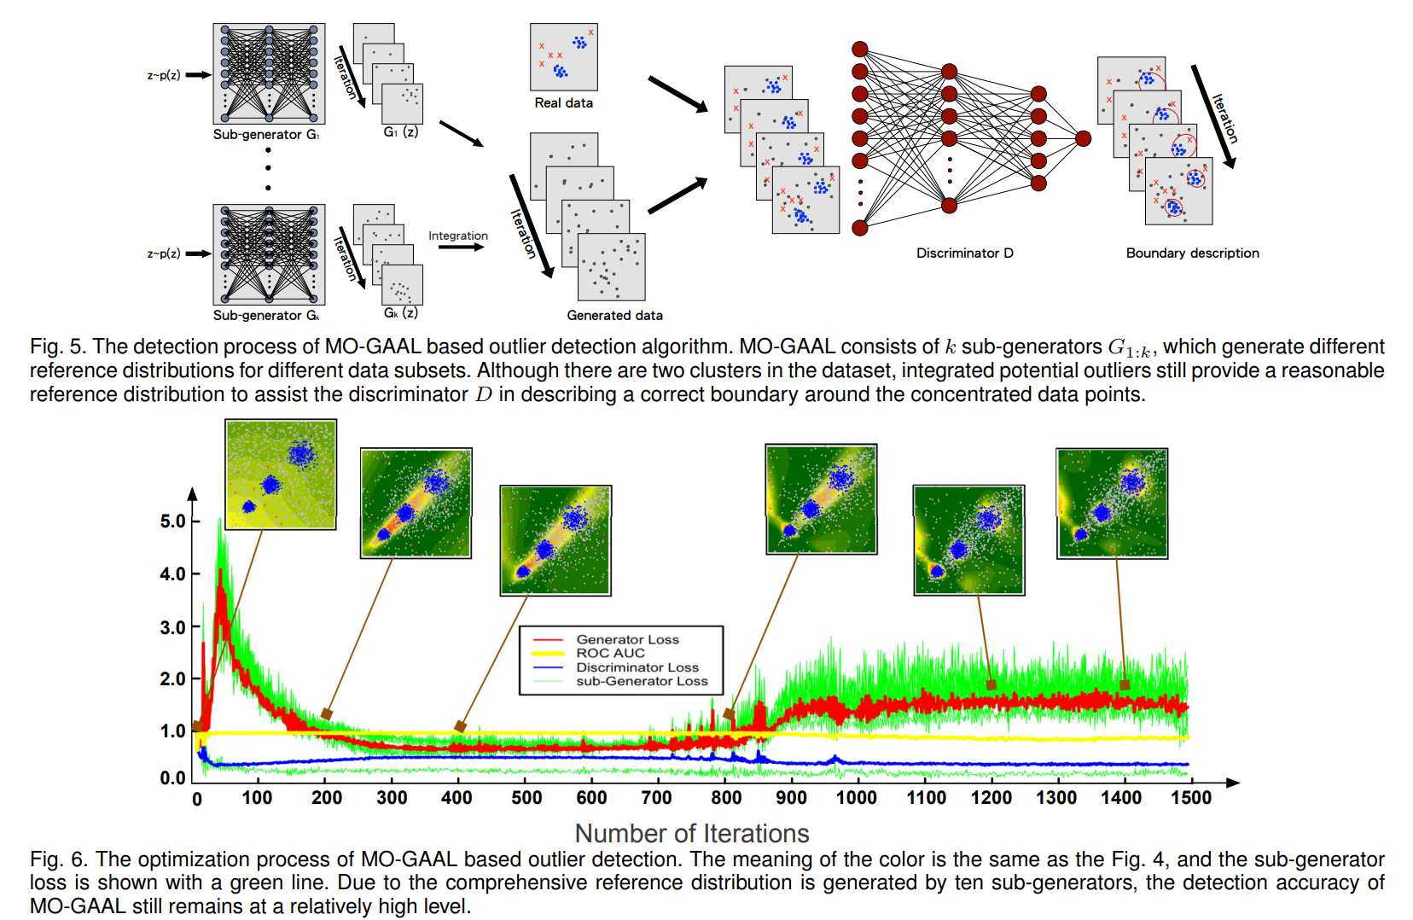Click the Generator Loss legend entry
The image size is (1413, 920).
(627, 639)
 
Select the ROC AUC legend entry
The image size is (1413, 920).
(610, 653)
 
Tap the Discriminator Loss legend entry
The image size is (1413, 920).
(637, 667)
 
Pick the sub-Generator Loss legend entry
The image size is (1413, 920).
(642, 681)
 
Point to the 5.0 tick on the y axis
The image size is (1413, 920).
(173, 521)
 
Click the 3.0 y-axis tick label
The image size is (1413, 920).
(173, 627)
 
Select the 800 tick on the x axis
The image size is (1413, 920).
(726, 798)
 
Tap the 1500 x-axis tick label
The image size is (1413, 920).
(1191, 798)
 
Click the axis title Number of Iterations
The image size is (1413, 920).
(692, 833)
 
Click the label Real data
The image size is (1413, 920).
(563, 103)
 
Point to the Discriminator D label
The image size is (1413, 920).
(964, 253)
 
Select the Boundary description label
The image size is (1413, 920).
(1192, 253)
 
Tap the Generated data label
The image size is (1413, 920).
(614, 316)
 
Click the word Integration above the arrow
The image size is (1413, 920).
(458, 236)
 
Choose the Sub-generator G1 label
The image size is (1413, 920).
(266, 135)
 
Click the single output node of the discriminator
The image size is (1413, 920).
(1083, 138)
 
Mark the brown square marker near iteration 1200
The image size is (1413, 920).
(991, 684)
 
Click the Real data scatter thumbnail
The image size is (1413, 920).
(563, 57)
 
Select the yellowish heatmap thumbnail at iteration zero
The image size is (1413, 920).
(281, 475)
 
